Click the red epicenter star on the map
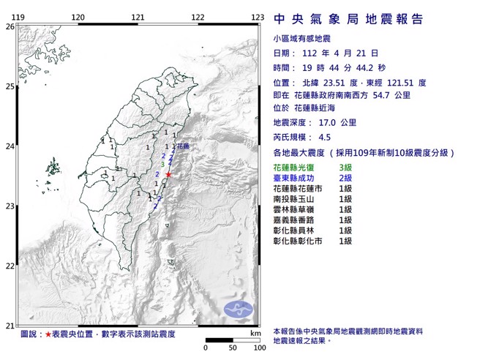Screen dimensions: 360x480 click(169, 174)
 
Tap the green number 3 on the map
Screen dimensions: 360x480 click(162, 165)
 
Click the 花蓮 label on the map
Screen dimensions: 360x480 click(182, 146)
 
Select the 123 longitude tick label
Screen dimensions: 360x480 click(257, 17)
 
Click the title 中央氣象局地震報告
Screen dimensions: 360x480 click(348, 19)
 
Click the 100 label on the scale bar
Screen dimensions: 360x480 click(258, 348)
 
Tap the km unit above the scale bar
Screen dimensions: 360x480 click(255, 333)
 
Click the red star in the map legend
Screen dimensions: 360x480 click(48, 334)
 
